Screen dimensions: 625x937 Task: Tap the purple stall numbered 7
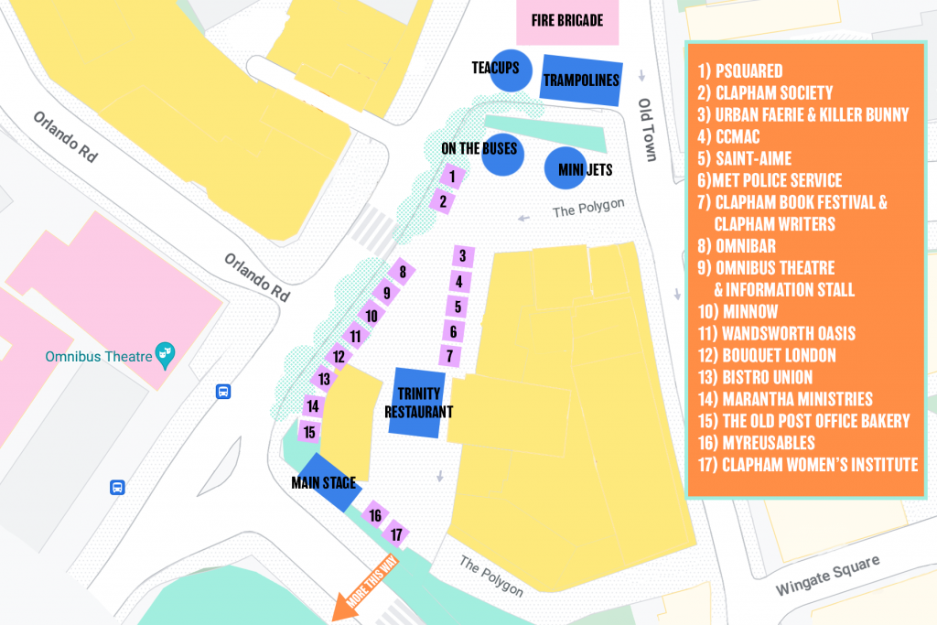(x=449, y=355)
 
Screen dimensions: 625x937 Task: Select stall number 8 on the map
(x=403, y=272)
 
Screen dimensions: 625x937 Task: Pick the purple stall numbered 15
(x=309, y=432)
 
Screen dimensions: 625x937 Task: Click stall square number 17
(x=395, y=534)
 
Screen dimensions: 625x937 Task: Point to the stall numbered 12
(x=339, y=357)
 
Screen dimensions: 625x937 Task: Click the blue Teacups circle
(x=511, y=70)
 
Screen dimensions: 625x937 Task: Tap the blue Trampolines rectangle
(x=581, y=80)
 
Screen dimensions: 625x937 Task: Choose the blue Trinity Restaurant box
(x=418, y=404)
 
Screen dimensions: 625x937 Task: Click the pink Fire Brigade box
(x=567, y=20)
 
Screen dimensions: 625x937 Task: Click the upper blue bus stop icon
(x=222, y=392)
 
